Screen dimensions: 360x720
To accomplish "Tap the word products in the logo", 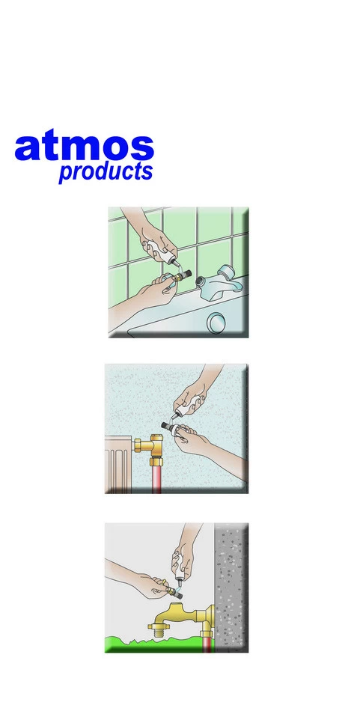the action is (106, 171).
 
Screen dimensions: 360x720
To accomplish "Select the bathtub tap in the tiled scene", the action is (219, 283).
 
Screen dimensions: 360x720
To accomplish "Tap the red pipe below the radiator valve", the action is (157, 479).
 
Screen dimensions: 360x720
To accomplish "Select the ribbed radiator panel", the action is (119, 465).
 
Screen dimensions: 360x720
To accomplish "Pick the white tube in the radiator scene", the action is (189, 405).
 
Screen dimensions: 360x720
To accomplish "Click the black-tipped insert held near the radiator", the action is (171, 427).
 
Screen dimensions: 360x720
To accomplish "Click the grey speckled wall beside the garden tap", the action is (231, 588).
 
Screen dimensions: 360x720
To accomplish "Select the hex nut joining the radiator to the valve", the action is (138, 445).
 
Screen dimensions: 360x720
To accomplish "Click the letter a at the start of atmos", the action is (26, 148).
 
